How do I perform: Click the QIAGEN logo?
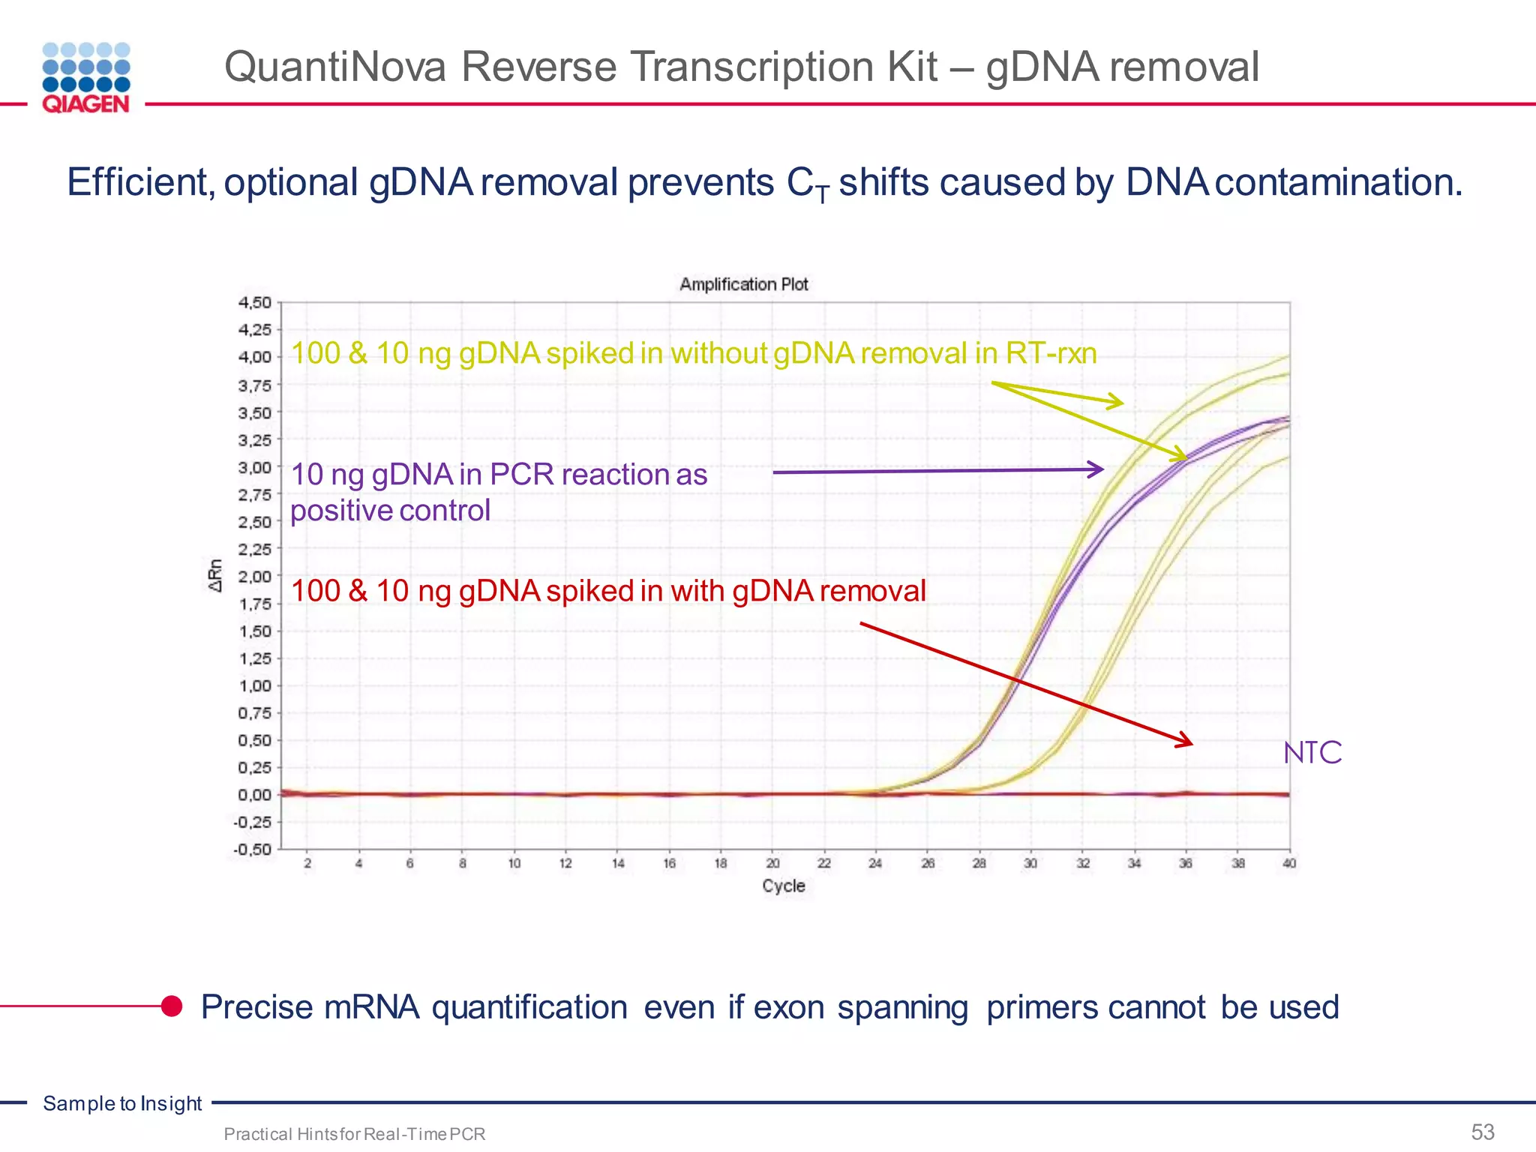[86, 78]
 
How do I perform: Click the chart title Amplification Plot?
[743, 284]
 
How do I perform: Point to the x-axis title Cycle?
[783, 886]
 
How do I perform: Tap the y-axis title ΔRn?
[215, 575]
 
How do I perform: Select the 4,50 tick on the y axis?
[255, 302]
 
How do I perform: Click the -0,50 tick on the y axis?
[253, 849]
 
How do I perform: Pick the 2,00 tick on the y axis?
[255, 576]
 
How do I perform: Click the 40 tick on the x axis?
[1288, 863]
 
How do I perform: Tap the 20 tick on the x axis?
[772, 863]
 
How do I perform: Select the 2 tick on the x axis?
[307, 863]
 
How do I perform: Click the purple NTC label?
[1312, 752]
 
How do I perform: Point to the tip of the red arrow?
[1191, 744]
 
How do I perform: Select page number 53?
[1482, 1131]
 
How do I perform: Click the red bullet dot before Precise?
[172, 1006]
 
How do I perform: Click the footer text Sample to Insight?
[122, 1103]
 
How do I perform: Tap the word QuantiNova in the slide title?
[335, 67]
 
